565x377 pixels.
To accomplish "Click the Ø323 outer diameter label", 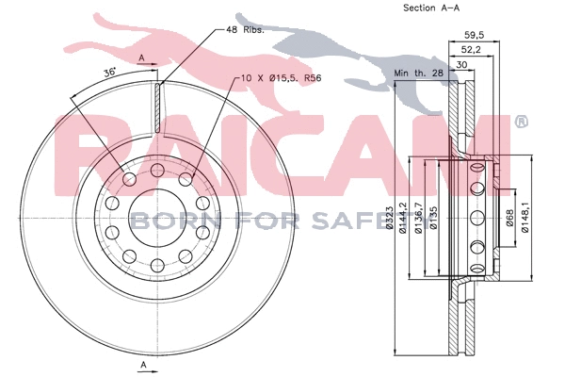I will [x=389, y=226].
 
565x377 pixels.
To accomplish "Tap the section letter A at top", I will [x=141, y=59].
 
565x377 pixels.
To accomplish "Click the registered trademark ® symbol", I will [x=521, y=123].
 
